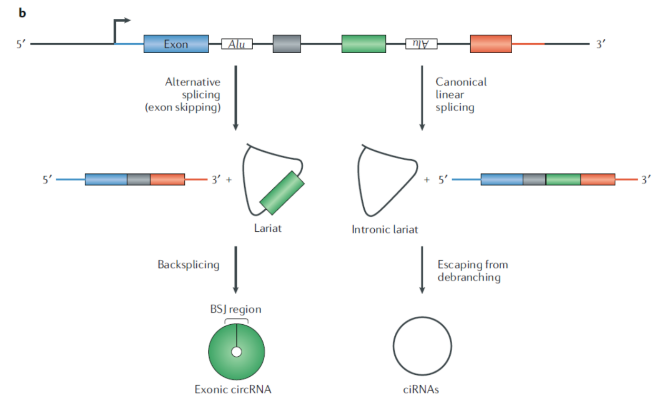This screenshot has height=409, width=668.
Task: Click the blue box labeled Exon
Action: point(176,44)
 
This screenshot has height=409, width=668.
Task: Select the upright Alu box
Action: point(237,44)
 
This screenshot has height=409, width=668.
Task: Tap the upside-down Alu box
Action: point(422,44)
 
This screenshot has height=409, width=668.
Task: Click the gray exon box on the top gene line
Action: point(287,44)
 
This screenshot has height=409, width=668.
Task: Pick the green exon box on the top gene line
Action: point(363,44)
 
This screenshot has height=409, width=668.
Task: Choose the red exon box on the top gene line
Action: point(491,44)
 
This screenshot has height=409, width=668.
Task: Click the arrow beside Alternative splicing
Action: point(236,98)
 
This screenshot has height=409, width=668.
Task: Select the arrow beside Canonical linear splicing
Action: point(422,98)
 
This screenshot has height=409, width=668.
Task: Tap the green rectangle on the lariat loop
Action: point(282,193)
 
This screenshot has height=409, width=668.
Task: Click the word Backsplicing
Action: point(188,265)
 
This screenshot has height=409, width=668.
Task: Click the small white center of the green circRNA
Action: point(236,352)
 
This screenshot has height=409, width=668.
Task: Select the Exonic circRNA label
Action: point(236,390)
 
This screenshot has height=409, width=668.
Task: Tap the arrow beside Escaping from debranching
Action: point(422,269)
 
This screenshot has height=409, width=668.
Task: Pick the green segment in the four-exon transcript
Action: point(563,179)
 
